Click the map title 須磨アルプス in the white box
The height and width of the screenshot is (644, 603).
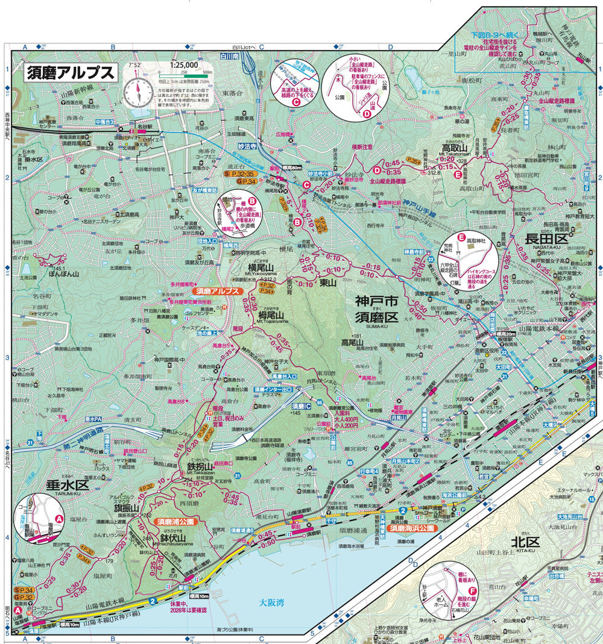pyautogui.click(x=71, y=72)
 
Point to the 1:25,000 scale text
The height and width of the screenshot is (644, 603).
pyautogui.click(x=184, y=65)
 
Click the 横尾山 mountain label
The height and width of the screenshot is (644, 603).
pyautogui.click(x=261, y=267)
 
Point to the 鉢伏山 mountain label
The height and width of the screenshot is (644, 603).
pyautogui.click(x=172, y=537)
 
